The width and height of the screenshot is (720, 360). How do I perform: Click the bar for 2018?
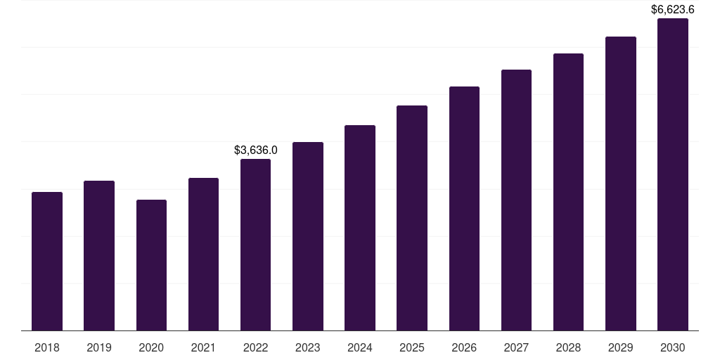point(47,261)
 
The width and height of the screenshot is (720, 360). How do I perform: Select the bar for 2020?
point(151,265)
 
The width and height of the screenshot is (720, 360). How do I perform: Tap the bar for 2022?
point(255,245)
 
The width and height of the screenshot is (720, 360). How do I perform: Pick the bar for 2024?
point(360,228)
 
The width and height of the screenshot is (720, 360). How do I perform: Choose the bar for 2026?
point(464,208)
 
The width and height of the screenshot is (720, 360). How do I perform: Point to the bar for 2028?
point(568,192)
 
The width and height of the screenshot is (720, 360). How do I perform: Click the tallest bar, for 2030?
point(672,174)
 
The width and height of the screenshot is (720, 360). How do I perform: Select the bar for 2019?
point(99,255)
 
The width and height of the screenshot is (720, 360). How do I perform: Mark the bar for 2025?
point(412,218)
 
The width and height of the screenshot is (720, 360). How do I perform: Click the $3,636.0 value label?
point(255,150)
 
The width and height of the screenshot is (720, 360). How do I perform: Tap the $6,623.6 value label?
point(672,10)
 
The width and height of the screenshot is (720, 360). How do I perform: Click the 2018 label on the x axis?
point(47,347)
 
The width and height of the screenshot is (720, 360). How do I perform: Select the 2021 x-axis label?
point(203,347)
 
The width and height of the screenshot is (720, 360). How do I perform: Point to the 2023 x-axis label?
point(307,347)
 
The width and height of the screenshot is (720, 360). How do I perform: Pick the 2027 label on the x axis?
point(516,347)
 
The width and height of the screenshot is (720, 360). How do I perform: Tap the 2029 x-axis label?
point(620,347)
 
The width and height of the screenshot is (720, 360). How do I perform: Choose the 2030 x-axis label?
point(672,347)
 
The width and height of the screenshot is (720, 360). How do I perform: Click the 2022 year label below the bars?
point(255,347)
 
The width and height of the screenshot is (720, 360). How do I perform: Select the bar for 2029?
point(620,184)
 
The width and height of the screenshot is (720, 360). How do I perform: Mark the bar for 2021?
point(203,254)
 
